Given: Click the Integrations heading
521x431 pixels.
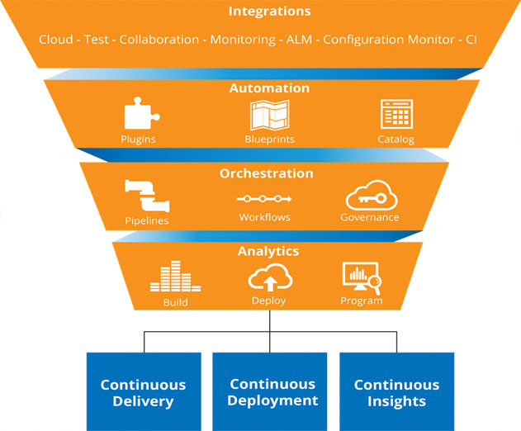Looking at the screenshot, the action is pos(269,12).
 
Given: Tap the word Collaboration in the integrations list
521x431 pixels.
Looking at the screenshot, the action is pos(159,40).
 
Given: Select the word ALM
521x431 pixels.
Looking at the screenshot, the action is pos(299,40).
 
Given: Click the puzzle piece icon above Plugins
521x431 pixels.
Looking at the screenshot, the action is pos(142,113).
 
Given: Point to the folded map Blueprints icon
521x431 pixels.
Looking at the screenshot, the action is pos(269,116).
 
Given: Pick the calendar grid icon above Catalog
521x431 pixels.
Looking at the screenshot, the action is pos(396,114).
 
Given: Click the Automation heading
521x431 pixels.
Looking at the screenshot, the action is pos(269,88).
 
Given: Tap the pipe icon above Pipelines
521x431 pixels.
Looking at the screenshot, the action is pos(147,196).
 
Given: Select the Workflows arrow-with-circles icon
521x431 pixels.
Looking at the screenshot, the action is pos(264,199).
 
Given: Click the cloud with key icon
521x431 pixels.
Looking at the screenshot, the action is pos(372,196).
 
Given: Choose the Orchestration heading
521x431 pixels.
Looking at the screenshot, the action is pos(267,173).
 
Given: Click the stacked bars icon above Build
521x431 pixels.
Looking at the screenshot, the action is pos(175,276).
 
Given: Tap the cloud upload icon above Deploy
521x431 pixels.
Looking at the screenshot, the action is pos(270,277).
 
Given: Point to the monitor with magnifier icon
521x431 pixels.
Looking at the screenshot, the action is pos(362,278).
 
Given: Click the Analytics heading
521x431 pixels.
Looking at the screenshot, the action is pos(268,251).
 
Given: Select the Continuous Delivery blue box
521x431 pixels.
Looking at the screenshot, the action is pos(144,392).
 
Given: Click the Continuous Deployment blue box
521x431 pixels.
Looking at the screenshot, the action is pos(270,392).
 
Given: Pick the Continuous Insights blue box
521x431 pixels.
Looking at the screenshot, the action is pos(396,392).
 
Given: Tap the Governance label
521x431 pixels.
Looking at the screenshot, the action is pos(370,217).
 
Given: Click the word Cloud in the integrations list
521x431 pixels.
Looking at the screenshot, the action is pos(56,40).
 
